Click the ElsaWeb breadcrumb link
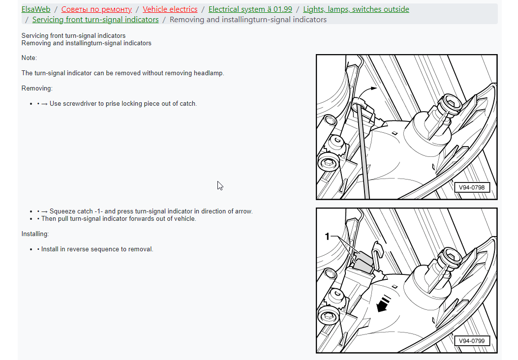(x=36, y=9)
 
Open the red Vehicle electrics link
(x=170, y=9)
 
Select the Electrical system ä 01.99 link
(x=250, y=9)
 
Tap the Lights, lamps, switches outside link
(x=356, y=9)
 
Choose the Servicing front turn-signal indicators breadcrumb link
(x=95, y=20)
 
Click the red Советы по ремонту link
(x=96, y=9)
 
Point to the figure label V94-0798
(x=471, y=187)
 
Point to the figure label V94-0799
(x=471, y=341)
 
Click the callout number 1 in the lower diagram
(x=327, y=236)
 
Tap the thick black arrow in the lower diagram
(x=384, y=303)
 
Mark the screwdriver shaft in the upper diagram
(x=363, y=152)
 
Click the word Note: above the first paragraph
(x=29, y=58)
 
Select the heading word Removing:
(x=37, y=88)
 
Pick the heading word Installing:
(x=35, y=234)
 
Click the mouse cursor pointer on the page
(x=220, y=186)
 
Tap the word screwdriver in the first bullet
(x=80, y=103)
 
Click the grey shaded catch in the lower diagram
(x=363, y=261)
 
